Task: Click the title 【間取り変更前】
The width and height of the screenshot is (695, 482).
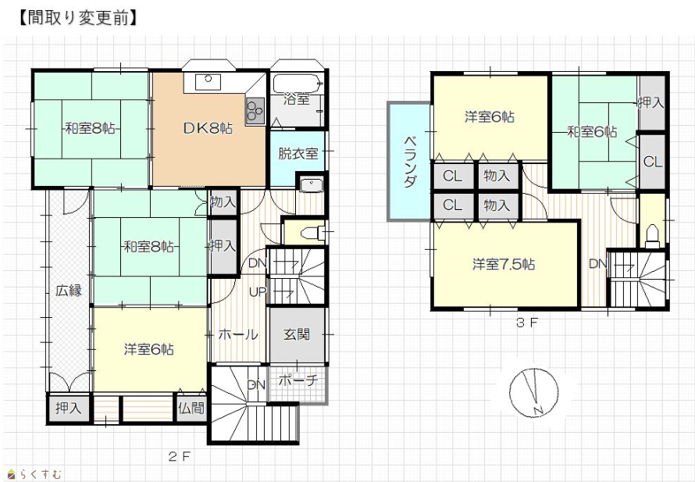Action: [78, 18]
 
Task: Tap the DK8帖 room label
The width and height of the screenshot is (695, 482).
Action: [208, 129]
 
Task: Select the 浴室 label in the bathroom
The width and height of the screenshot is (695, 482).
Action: [297, 98]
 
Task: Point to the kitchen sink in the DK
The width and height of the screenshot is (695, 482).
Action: [208, 80]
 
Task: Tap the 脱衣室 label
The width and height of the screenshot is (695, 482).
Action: [298, 153]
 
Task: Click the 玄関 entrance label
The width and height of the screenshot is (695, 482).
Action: [297, 334]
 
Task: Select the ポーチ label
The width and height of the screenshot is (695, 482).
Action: [299, 380]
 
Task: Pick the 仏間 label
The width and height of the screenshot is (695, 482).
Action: [191, 408]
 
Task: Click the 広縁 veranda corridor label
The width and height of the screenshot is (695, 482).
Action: [69, 291]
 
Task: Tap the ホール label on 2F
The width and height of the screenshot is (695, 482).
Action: [238, 334]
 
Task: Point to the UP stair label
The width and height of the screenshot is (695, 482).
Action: [258, 291]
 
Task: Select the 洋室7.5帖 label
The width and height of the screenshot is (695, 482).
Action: [504, 265]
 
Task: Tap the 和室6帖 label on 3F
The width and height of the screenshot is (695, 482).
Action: [592, 132]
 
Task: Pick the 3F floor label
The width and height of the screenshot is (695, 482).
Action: [526, 323]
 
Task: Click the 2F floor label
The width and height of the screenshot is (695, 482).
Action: [179, 456]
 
